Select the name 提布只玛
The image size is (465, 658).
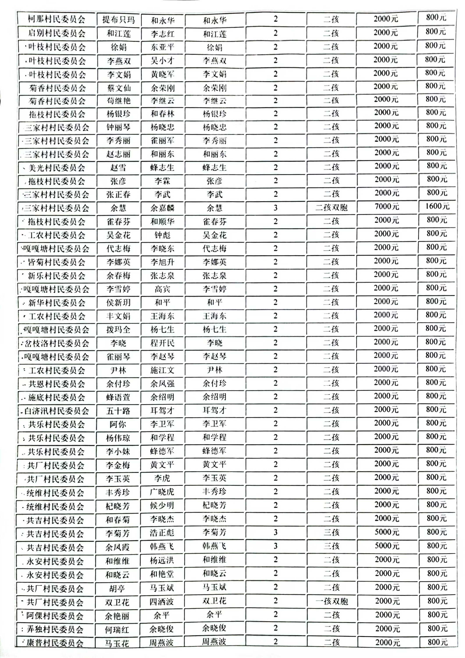118,20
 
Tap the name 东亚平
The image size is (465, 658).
162,47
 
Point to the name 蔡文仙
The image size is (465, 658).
118,88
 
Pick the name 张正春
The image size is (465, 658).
118,195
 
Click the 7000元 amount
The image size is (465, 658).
387,206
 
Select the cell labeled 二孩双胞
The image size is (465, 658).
331,207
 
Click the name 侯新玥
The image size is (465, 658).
118,303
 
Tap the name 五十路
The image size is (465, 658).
118,411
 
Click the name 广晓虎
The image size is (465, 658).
162,492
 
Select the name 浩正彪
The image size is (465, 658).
162,533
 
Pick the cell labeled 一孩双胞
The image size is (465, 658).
332,601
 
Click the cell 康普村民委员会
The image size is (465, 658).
55,643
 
